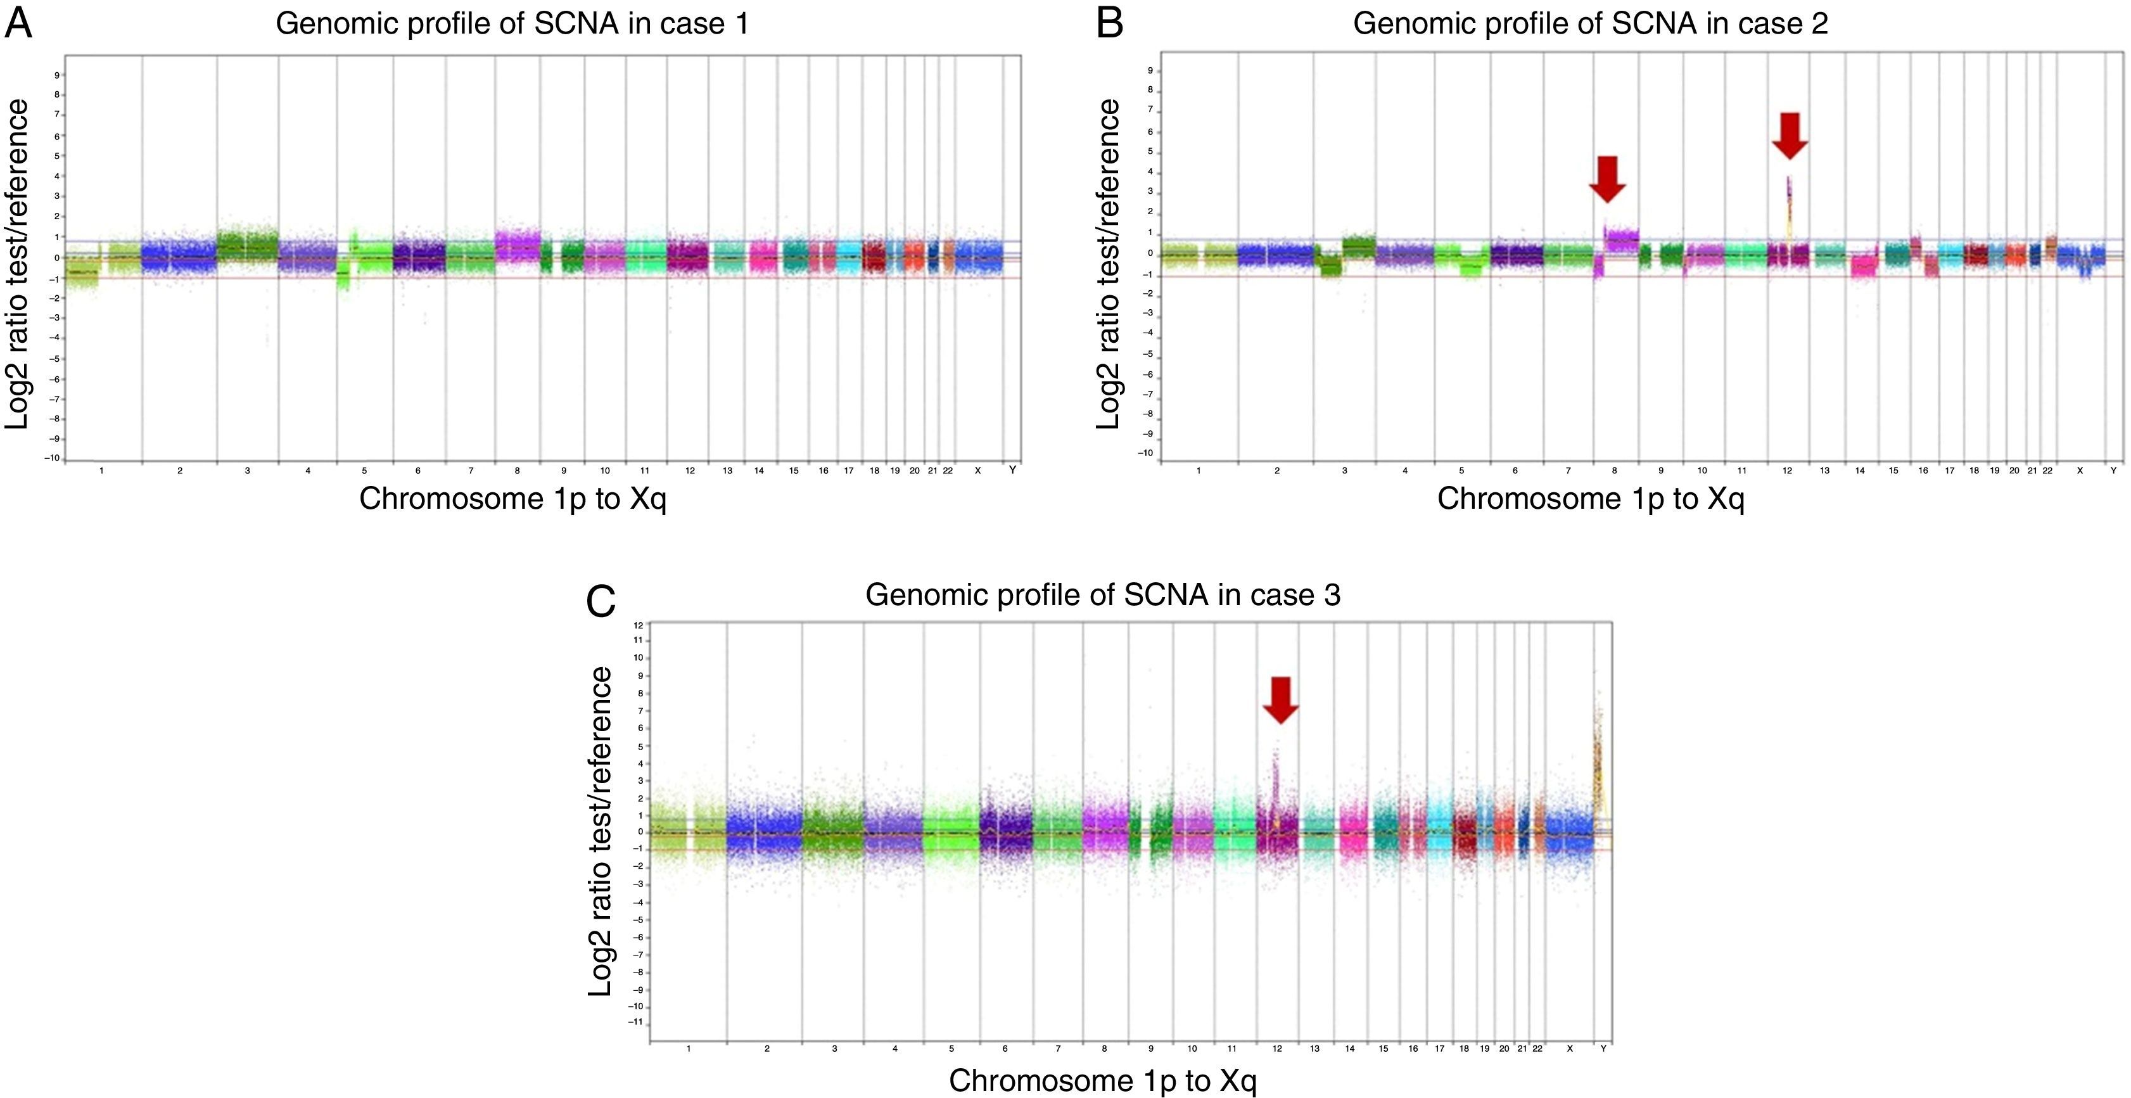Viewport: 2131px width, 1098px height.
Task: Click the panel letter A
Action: (19, 23)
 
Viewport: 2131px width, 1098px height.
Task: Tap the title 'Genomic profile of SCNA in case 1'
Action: (512, 23)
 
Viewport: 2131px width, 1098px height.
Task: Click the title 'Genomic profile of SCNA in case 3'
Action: (1103, 595)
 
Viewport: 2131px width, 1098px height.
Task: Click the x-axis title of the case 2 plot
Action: (1590, 499)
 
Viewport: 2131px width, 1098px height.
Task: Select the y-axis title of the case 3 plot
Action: (601, 831)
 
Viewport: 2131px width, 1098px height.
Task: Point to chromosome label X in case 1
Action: (978, 471)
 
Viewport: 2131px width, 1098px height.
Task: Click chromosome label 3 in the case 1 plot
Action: (247, 471)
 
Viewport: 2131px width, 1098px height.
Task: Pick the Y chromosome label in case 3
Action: (1603, 1049)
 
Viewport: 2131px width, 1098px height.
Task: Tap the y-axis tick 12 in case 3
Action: (638, 625)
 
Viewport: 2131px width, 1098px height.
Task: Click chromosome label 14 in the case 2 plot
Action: (1860, 471)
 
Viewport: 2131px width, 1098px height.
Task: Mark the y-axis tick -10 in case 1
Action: (54, 458)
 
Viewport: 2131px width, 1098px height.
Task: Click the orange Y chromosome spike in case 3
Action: (1598, 761)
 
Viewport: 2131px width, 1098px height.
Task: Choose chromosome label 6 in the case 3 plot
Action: (1005, 1049)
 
